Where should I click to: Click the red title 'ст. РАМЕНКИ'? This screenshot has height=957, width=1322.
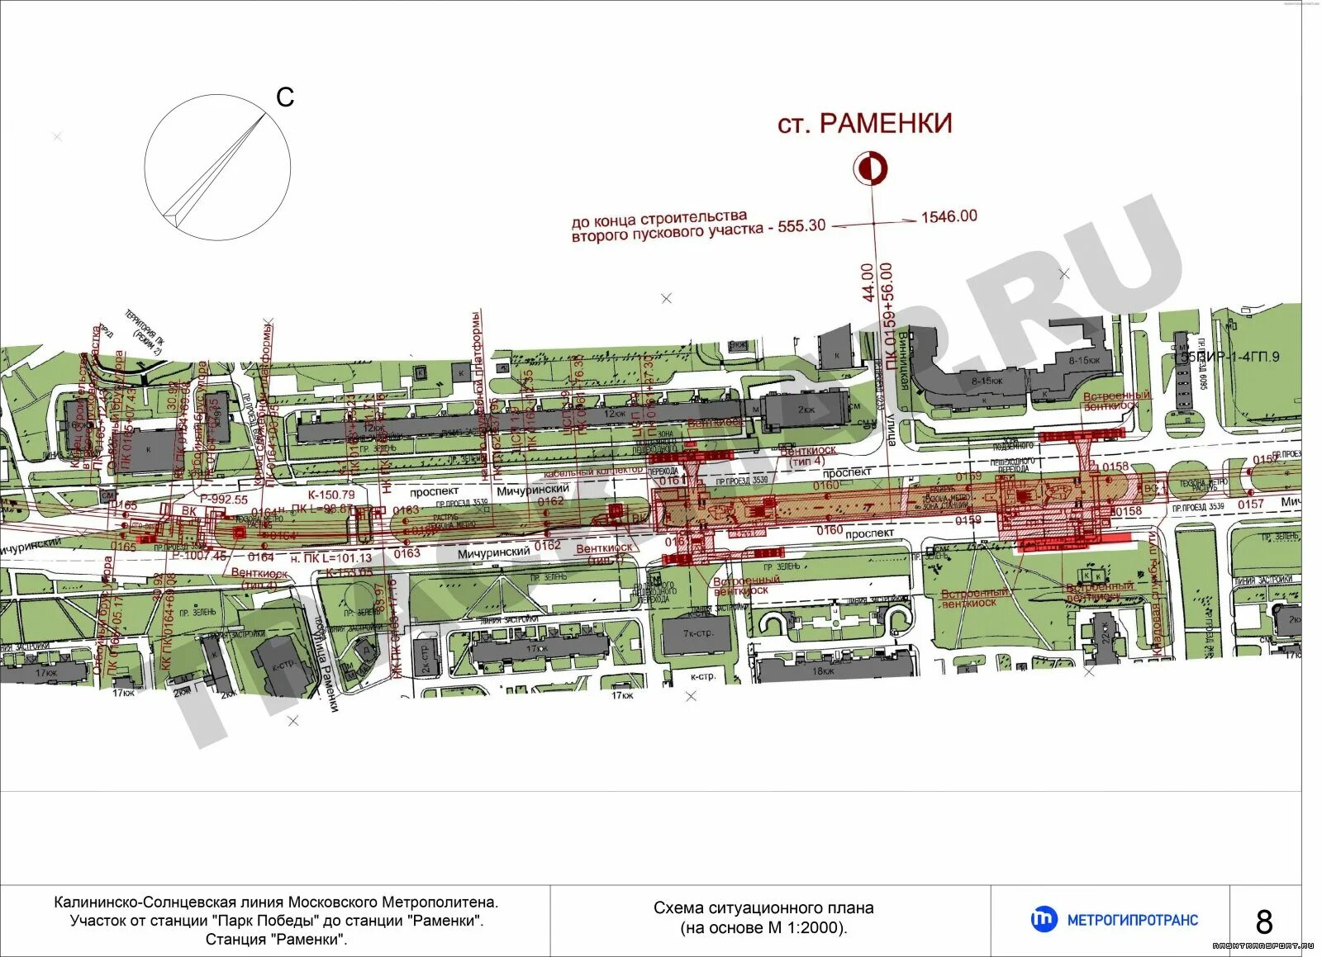864,124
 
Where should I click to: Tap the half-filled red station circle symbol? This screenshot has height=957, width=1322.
870,168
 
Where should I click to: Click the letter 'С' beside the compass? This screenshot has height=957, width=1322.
285,97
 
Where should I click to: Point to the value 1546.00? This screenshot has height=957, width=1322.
949,216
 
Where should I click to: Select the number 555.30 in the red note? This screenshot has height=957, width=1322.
801,225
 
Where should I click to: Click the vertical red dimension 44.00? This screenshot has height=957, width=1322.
867,282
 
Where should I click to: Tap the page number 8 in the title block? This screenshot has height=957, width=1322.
1263,921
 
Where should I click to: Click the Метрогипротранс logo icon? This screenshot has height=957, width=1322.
1043,919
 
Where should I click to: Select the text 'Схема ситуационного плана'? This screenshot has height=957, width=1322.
763,908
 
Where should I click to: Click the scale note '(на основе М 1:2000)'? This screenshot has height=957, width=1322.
763,927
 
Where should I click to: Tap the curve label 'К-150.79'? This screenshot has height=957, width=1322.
330,495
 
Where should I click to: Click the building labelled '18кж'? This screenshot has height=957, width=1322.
823,670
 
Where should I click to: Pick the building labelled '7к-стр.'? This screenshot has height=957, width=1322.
698,634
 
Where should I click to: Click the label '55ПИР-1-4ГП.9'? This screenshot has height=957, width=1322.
1229,357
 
